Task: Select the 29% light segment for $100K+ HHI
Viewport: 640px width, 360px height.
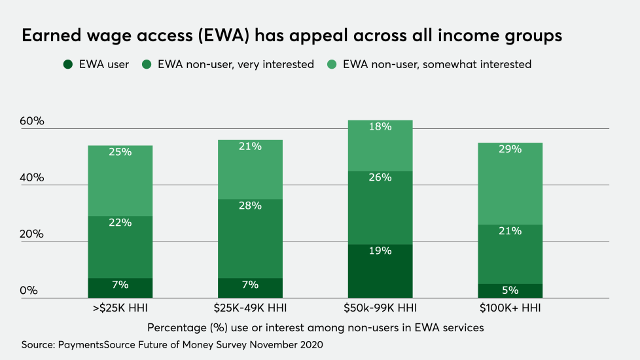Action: pos(510,183)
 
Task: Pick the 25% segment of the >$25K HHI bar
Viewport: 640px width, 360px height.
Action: pos(120,181)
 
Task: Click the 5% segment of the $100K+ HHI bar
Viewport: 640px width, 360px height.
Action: pos(510,291)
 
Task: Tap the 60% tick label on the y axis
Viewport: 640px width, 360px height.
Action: pos(31,122)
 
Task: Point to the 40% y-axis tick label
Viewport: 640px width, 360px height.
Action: pos(31,178)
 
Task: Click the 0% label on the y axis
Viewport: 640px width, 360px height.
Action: pos(28,291)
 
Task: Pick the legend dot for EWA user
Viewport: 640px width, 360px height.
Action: pos(68,65)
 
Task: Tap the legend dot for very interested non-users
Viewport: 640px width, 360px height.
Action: pos(147,65)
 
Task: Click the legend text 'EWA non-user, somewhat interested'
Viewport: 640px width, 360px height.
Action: pos(436,65)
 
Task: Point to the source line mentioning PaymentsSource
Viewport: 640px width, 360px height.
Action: pos(172,344)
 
